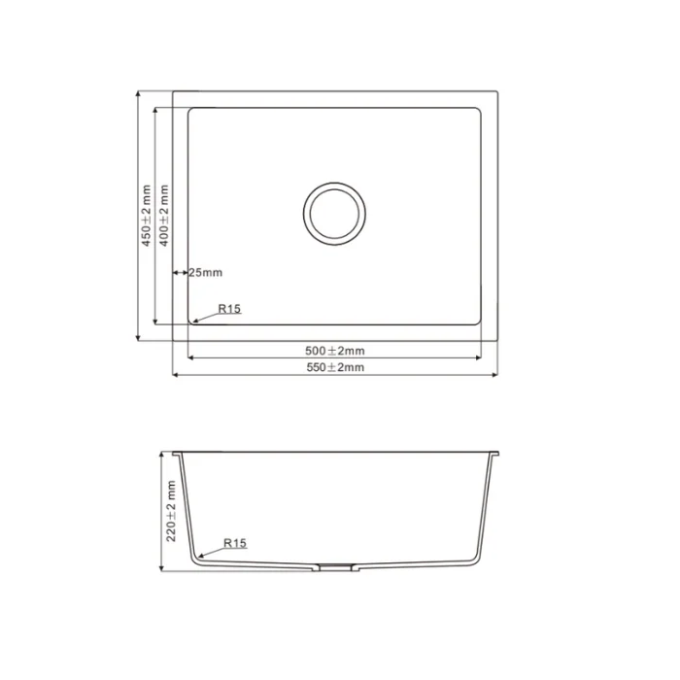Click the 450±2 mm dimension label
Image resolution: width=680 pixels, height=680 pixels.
pos(147,216)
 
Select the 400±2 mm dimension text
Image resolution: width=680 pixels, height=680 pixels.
pos(164,216)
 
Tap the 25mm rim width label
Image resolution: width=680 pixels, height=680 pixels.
pos(206,272)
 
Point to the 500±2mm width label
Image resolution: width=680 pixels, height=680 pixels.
pos(335,351)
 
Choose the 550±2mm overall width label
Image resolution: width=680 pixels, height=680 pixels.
pos(335,367)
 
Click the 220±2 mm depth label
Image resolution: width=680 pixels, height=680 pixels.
pos(171,511)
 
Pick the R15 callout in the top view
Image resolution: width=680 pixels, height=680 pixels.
pos(229,309)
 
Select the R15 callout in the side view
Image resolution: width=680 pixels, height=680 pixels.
pos(235,543)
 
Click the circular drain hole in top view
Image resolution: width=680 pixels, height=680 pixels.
pos(334,214)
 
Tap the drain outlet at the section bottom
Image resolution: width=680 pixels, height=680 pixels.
pos(334,566)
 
